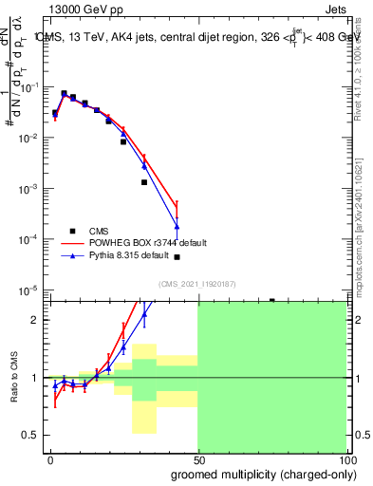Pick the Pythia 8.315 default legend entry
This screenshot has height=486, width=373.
point(133,255)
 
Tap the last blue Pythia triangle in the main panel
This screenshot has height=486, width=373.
point(177,226)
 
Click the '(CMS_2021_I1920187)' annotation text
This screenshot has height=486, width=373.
point(196,284)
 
